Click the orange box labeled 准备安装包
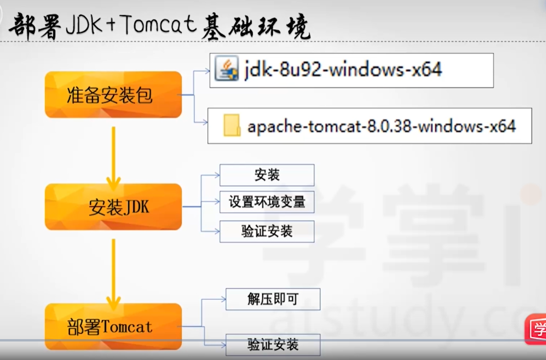[x=113, y=95]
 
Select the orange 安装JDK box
[x=113, y=207]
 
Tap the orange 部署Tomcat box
[x=113, y=326]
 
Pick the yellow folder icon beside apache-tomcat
[x=232, y=125]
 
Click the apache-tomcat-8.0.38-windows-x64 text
[x=382, y=126]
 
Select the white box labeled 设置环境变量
[x=267, y=202]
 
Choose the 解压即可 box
[x=273, y=299]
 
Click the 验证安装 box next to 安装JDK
[x=267, y=231]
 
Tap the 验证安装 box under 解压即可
[x=273, y=345]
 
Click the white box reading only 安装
[x=267, y=175]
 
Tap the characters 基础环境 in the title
[x=256, y=28]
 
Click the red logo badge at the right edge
[x=536, y=329]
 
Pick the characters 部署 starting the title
[x=35, y=28]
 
